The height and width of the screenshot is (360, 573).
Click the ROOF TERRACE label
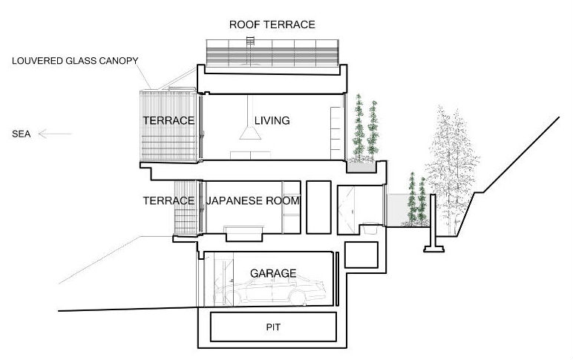[272, 24]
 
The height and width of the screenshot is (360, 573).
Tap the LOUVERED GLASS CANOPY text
[75, 61]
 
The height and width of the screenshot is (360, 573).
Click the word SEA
[22, 134]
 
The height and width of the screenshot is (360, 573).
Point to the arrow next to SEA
[55, 134]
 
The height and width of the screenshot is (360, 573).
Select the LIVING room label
[272, 120]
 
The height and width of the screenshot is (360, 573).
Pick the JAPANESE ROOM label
[253, 200]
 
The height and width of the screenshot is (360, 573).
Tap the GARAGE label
[273, 273]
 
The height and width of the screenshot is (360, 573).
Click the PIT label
[273, 327]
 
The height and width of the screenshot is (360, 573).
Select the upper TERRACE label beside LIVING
[168, 120]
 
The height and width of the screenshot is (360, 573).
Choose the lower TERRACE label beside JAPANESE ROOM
[168, 200]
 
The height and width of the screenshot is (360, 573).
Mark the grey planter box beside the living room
[361, 167]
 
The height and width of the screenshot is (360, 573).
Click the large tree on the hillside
[452, 168]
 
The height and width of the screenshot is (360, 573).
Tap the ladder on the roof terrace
[250, 50]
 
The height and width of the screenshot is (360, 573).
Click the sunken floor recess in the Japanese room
[244, 235]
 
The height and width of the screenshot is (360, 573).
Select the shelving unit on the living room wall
[335, 133]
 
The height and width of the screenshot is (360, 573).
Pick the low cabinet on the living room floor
[250, 155]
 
